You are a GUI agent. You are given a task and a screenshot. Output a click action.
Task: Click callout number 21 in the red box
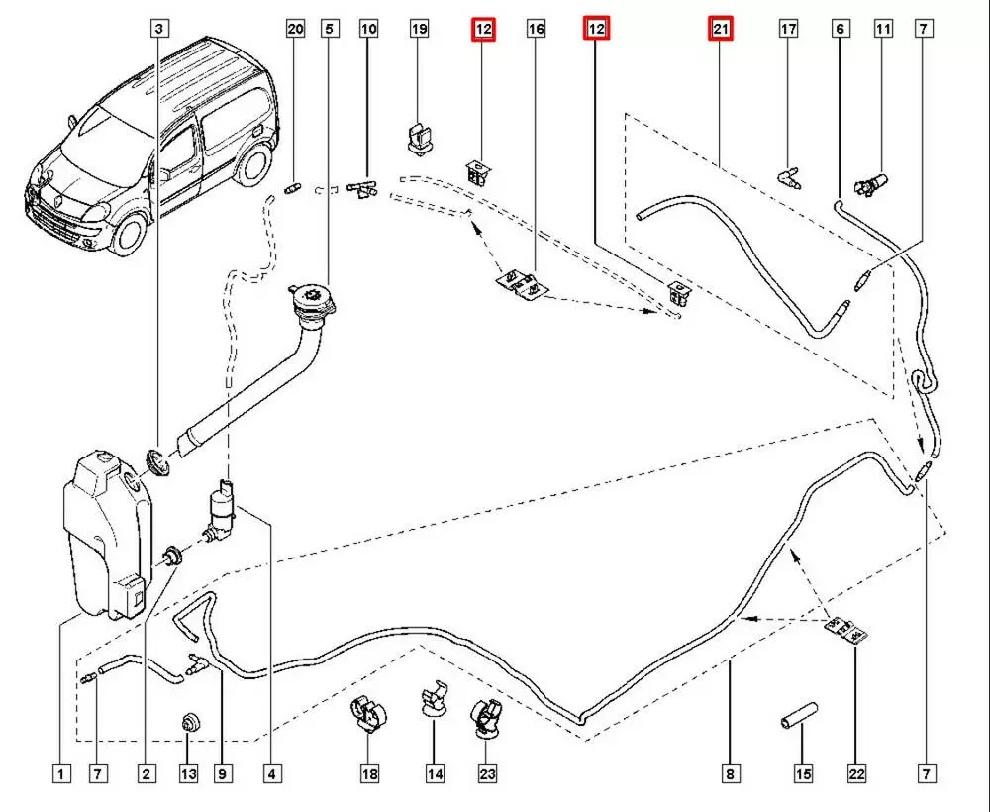point(720,31)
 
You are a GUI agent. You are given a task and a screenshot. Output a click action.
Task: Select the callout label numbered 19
point(420,30)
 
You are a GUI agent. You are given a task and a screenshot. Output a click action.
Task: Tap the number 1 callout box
point(61,773)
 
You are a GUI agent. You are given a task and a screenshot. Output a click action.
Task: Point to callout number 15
point(803,773)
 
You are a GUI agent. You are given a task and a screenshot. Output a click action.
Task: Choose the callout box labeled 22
point(856,773)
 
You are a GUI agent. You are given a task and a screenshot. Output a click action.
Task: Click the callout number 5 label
point(329,30)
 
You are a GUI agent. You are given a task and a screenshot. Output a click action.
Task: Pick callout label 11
point(882,30)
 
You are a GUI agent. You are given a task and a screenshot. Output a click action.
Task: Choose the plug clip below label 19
point(418,137)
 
